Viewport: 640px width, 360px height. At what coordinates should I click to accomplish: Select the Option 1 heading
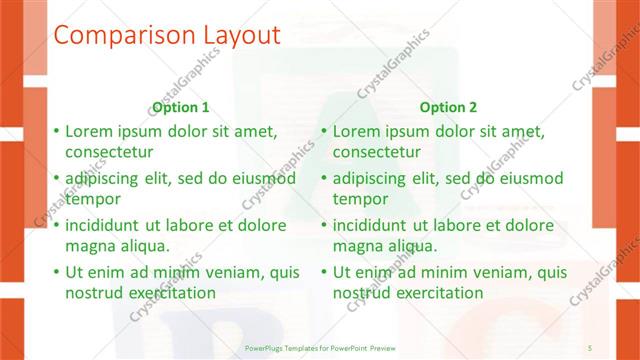point(181,107)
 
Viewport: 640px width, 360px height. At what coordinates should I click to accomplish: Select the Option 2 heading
point(449,107)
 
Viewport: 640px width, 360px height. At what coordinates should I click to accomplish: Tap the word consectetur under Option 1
point(109,153)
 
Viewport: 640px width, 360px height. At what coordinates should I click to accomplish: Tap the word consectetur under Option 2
point(376,153)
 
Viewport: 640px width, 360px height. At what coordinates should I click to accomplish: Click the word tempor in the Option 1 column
point(93,199)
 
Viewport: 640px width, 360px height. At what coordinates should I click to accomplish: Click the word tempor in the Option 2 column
point(360,199)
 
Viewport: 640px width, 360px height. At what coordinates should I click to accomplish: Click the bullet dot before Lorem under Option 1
point(57,131)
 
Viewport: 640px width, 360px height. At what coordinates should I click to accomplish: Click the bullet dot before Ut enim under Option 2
point(324,271)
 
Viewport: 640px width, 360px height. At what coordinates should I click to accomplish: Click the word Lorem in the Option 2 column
point(356,131)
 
